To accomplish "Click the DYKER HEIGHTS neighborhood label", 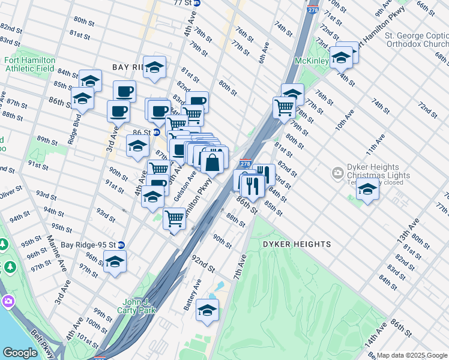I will click(297, 244).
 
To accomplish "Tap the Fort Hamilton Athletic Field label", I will click(29, 65).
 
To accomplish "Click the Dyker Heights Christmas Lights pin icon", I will click(338, 174).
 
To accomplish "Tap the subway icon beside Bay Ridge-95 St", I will click(121, 245).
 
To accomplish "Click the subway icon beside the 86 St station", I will click(157, 132).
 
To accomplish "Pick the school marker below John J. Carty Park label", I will click(207, 310).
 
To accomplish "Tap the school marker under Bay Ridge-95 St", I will click(115, 261).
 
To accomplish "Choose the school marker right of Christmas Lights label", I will click(367, 189).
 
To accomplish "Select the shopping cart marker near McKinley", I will click(284, 108).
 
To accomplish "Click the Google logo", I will click(20, 353).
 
